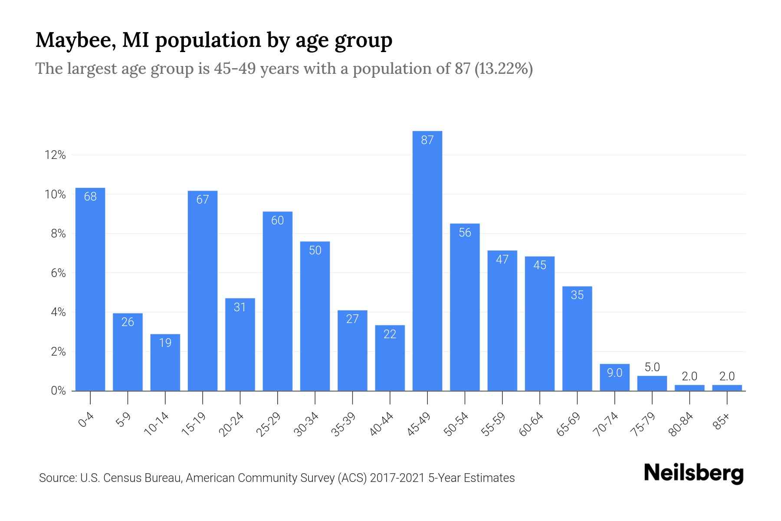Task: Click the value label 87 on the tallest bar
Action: [x=427, y=140]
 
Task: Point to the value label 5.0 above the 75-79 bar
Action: [x=652, y=367]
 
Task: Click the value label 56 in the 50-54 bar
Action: [x=465, y=233]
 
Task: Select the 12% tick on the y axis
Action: [x=55, y=155]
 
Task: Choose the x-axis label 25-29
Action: [x=269, y=424]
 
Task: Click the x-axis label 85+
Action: [x=722, y=422]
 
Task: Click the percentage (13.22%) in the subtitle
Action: [x=504, y=69]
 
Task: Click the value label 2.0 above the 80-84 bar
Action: [x=689, y=376]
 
